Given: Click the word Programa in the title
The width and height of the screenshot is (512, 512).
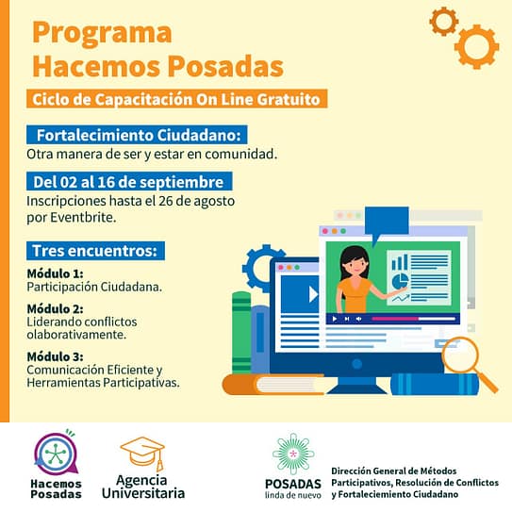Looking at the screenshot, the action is click(x=102, y=34).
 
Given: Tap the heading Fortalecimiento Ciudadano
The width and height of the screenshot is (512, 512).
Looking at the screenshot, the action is click(x=139, y=135).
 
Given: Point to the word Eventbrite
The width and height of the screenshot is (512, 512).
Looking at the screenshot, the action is click(x=83, y=218).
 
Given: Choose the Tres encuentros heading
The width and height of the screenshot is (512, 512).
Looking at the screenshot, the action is click(x=94, y=251).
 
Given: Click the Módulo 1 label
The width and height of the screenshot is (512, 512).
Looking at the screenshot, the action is click(x=55, y=273).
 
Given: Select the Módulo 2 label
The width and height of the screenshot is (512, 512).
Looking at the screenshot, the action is click(x=55, y=308).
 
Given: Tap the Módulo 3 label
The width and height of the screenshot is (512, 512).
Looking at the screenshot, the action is click(x=55, y=356).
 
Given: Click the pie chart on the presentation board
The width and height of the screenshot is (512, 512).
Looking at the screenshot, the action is click(x=400, y=281).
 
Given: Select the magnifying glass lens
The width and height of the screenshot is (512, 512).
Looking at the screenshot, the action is click(x=460, y=355).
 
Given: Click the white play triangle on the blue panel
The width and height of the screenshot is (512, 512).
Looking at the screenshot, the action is click(x=313, y=294).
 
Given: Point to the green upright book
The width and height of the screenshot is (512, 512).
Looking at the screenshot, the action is click(x=241, y=333).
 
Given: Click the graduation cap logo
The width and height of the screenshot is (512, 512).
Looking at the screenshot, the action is click(x=142, y=454).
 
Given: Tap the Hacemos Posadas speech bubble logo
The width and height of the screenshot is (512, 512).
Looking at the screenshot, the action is click(x=57, y=453).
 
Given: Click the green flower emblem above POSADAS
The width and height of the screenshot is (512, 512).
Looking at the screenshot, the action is click(x=293, y=454).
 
